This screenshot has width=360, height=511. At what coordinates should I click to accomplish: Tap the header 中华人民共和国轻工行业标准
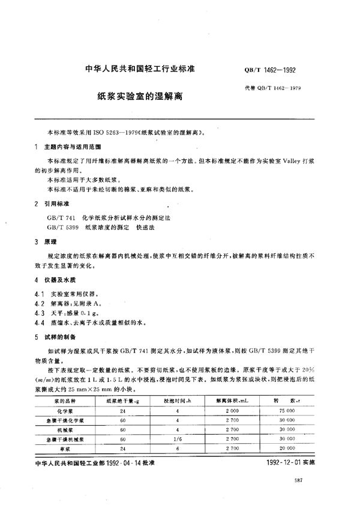click(136, 69)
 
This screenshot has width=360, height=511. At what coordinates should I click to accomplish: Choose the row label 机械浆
click(67, 429)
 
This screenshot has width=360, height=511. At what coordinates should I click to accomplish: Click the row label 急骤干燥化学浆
click(67, 421)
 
